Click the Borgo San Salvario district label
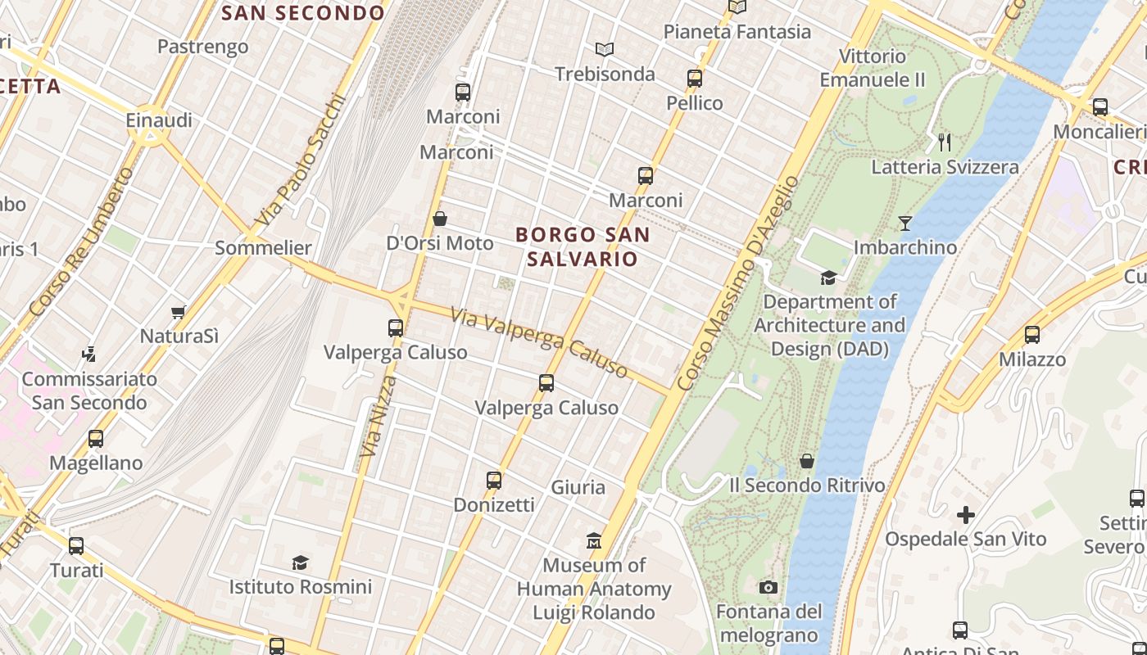583,246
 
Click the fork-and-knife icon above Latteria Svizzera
945,142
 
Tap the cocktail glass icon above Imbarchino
905,223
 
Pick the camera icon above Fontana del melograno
768,587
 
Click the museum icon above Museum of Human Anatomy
594,541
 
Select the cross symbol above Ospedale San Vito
966,515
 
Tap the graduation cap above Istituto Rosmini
300,562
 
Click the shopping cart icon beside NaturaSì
179,312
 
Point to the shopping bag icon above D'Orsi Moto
440,219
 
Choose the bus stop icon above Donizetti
494,481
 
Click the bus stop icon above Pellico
695,79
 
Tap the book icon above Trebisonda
605,50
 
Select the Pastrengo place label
202,47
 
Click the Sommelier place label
263,248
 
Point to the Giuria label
578,487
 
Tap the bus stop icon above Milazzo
1032,335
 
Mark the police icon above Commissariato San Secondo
89,355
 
